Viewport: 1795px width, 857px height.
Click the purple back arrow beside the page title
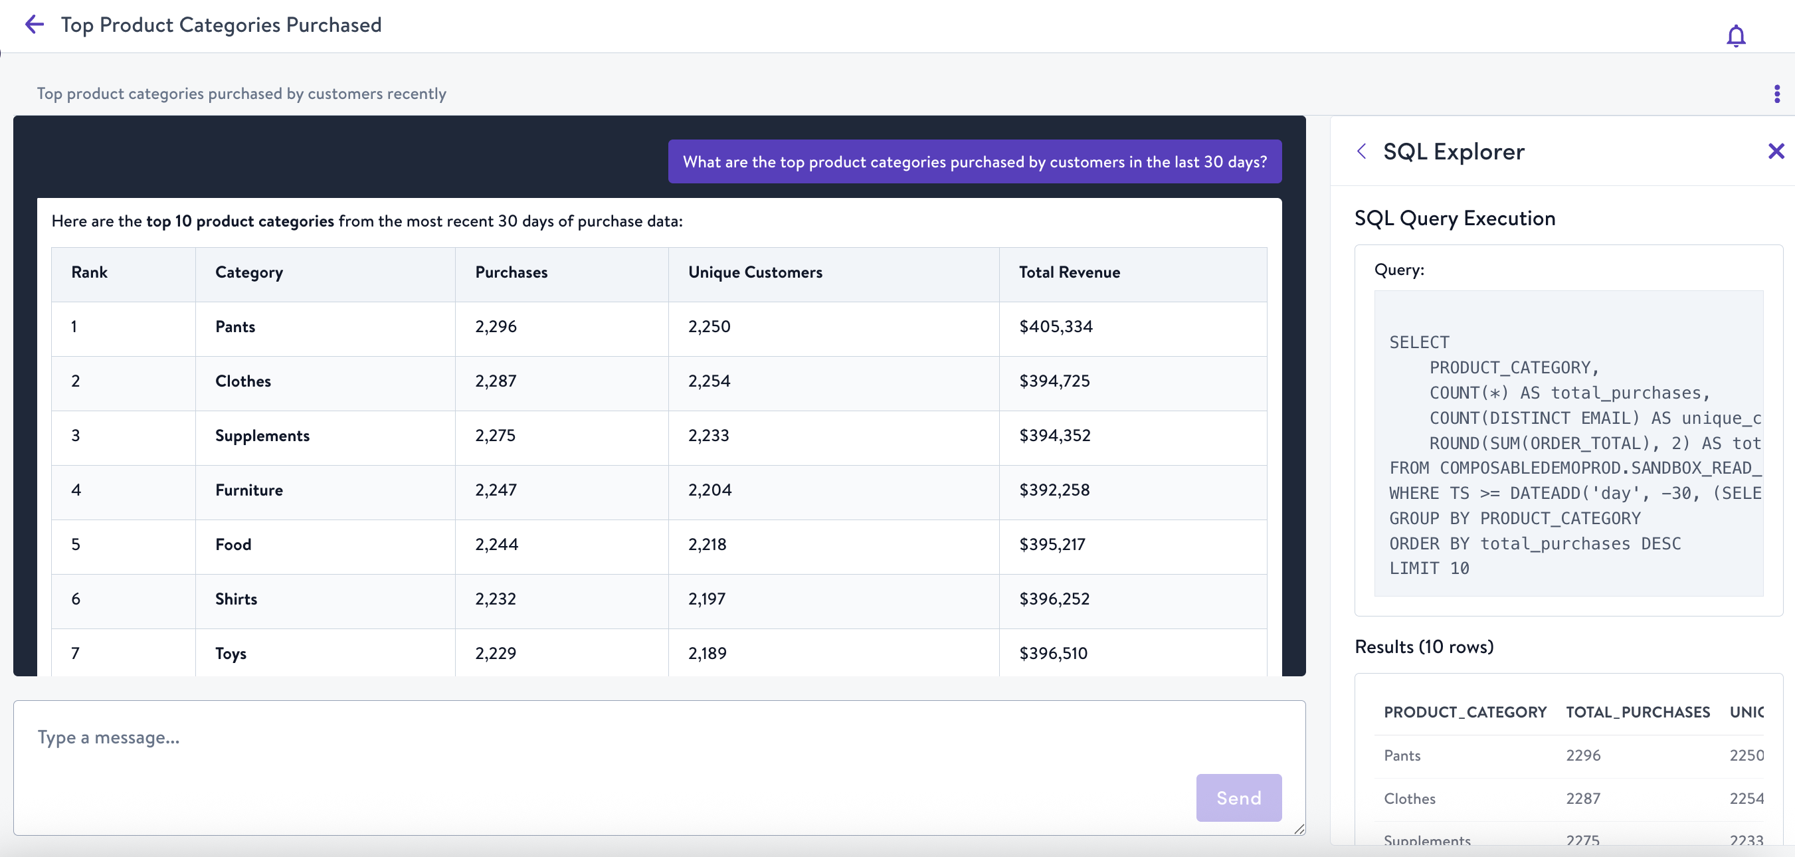34,25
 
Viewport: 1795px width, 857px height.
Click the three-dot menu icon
1776,94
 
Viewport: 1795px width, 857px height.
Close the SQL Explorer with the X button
1776,151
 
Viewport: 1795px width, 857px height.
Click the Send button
1238,797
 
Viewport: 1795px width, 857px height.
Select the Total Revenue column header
1069,272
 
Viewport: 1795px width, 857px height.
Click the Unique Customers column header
755,272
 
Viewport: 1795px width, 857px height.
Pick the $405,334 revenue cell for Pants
1055,327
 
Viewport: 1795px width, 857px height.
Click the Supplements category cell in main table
262,435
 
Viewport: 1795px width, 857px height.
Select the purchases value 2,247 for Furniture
496,490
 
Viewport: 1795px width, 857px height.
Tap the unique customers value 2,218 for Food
707,544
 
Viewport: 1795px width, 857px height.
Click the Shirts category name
236,599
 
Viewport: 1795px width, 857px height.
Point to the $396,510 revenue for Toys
1052,653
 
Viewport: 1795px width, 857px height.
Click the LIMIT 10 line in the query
1428,569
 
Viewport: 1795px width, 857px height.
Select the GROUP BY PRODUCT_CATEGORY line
1514,518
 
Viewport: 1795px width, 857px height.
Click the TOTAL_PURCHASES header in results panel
1637,712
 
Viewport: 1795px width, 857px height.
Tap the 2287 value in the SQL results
1582,799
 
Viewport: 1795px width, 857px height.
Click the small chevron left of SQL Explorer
1361,151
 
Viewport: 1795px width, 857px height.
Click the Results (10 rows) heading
1423,646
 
